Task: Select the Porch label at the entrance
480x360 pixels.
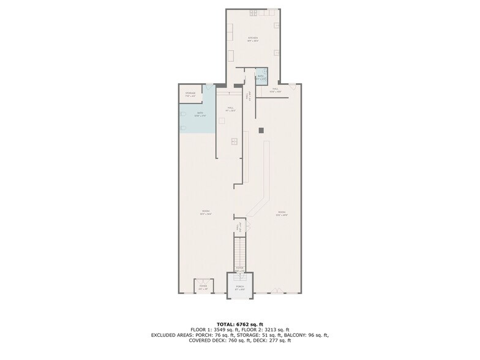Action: point(240,287)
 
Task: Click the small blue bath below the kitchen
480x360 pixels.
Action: point(261,77)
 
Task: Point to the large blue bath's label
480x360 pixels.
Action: point(200,114)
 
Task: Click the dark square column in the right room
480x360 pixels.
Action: point(261,130)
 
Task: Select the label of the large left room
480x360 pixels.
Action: point(204,213)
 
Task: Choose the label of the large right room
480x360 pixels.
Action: point(281,214)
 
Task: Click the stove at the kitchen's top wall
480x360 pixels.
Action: point(254,12)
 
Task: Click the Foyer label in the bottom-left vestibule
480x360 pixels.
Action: point(203,286)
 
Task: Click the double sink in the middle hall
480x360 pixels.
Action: point(234,141)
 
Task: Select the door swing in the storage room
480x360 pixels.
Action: point(209,87)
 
